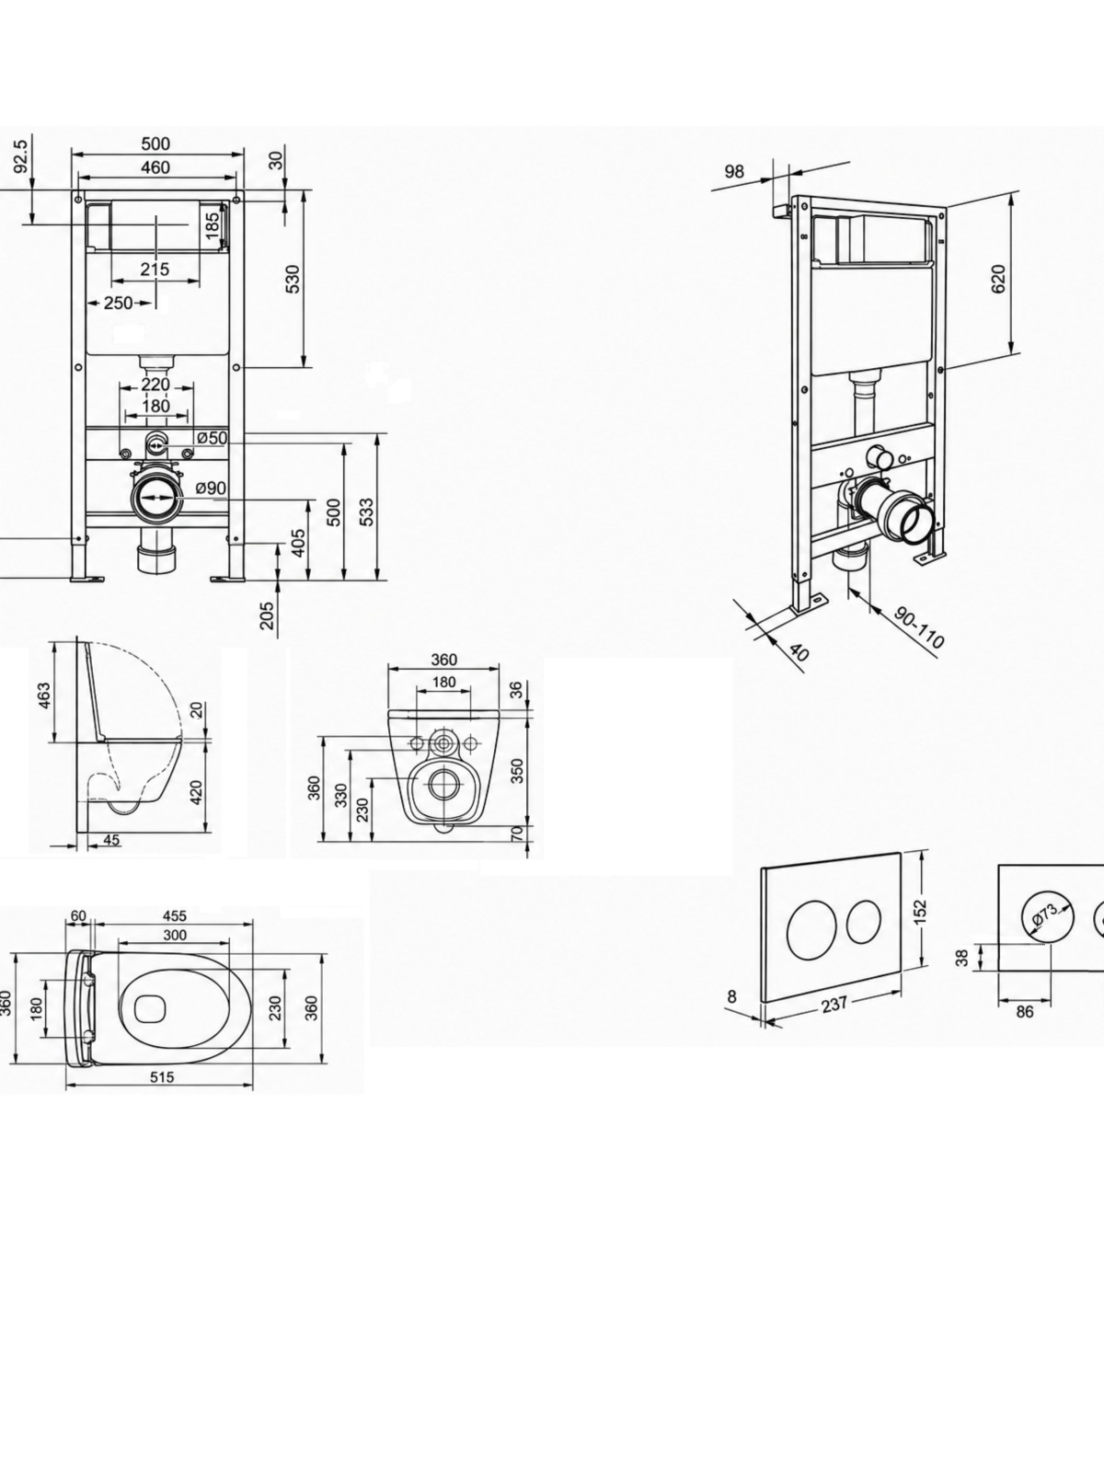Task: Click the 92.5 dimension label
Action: coord(21,156)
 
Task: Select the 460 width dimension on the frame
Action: coord(155,167)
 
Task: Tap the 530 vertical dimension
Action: coord(293,279)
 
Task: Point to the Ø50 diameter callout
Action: coord(212,438)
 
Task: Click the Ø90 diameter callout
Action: coord(212,489)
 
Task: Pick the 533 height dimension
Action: coord(366,512)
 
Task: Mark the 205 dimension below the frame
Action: coord(267,615)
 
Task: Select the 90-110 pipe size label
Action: coord(919,627)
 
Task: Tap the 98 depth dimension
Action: coord(735,172)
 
